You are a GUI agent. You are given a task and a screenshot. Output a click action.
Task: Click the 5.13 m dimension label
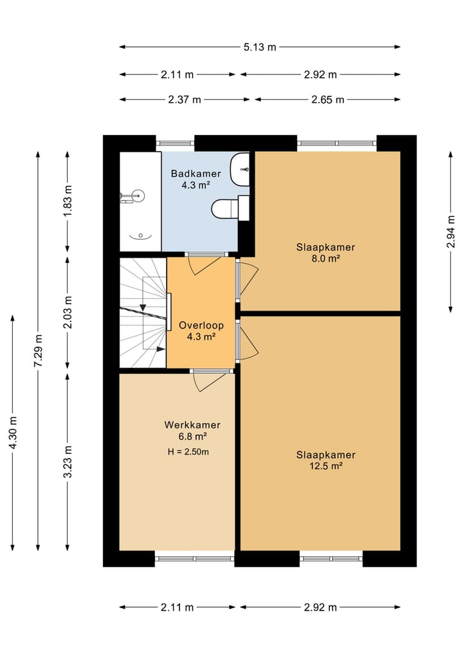tap(260, 47)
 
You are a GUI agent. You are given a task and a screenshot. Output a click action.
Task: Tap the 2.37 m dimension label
tap(185, 100)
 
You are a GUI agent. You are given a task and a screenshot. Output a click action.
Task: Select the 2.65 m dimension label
tap(328, 100)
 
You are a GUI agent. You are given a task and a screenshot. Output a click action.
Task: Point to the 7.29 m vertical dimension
tap(39, 350)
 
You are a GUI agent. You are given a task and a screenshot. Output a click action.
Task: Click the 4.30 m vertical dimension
tap(13, 433)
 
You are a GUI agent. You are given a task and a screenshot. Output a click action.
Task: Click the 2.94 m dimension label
tap(451, 232)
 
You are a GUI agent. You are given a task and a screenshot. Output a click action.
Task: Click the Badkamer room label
tap(195, 174)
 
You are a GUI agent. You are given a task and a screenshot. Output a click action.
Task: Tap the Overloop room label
tap(201, 325)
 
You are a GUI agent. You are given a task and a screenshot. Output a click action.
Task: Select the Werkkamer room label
tap(192, 425)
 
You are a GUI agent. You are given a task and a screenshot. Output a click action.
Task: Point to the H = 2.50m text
tap(188, 451)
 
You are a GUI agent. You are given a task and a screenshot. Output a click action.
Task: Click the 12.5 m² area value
tap(326, 466)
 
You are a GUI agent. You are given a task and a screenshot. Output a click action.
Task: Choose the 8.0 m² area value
tap(326, 258)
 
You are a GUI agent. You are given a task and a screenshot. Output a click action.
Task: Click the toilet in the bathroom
tap(230, 208)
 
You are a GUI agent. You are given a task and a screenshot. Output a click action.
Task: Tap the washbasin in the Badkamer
tap(240, 169)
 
